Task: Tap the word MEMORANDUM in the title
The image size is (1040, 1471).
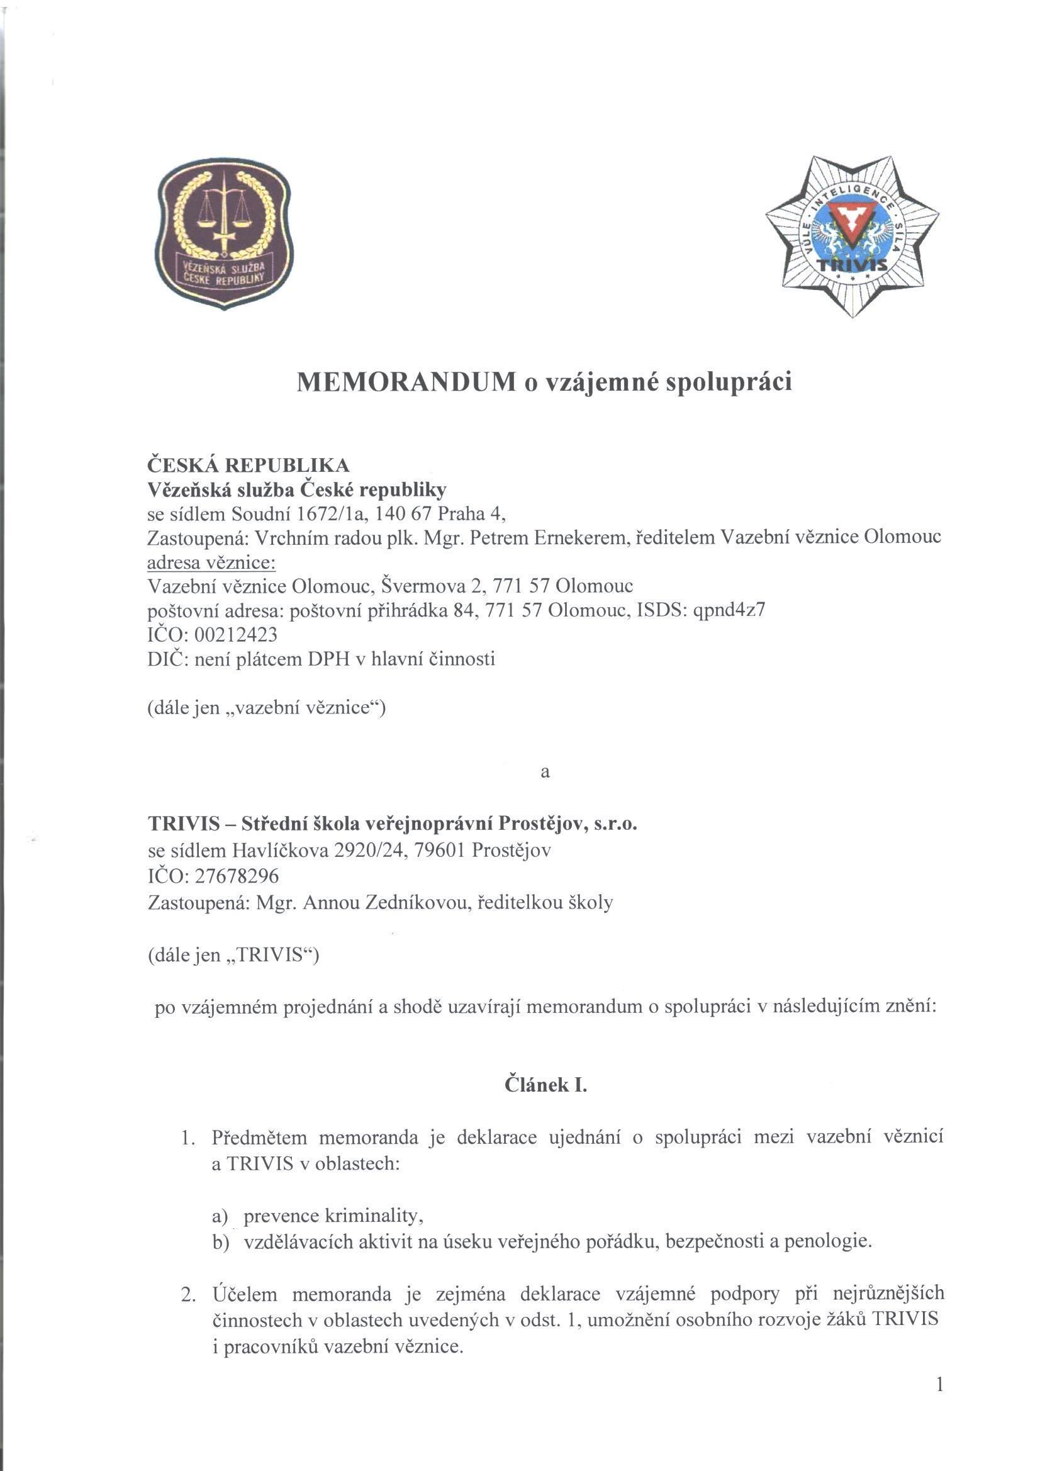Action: click(406, 383)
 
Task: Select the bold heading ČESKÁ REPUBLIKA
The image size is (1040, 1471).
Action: click(249, 464)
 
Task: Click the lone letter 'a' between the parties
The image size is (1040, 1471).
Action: click(545, 773)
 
